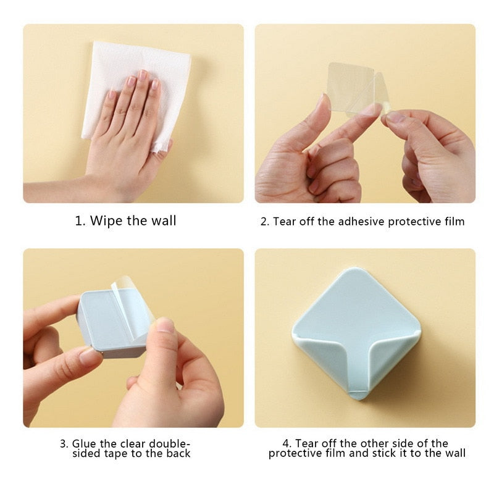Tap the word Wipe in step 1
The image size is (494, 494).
click(106, 220)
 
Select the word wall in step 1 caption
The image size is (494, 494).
click(163, 220)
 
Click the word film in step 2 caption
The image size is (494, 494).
click(454, 222)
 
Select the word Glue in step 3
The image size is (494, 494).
click(85, 443)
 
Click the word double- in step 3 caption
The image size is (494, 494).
click(169, 443)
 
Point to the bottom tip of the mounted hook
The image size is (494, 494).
click(358, 399)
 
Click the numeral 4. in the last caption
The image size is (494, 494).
click(287, 443)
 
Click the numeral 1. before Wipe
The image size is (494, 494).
click(80, 221)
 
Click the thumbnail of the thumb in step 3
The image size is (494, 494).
click(165, 325)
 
